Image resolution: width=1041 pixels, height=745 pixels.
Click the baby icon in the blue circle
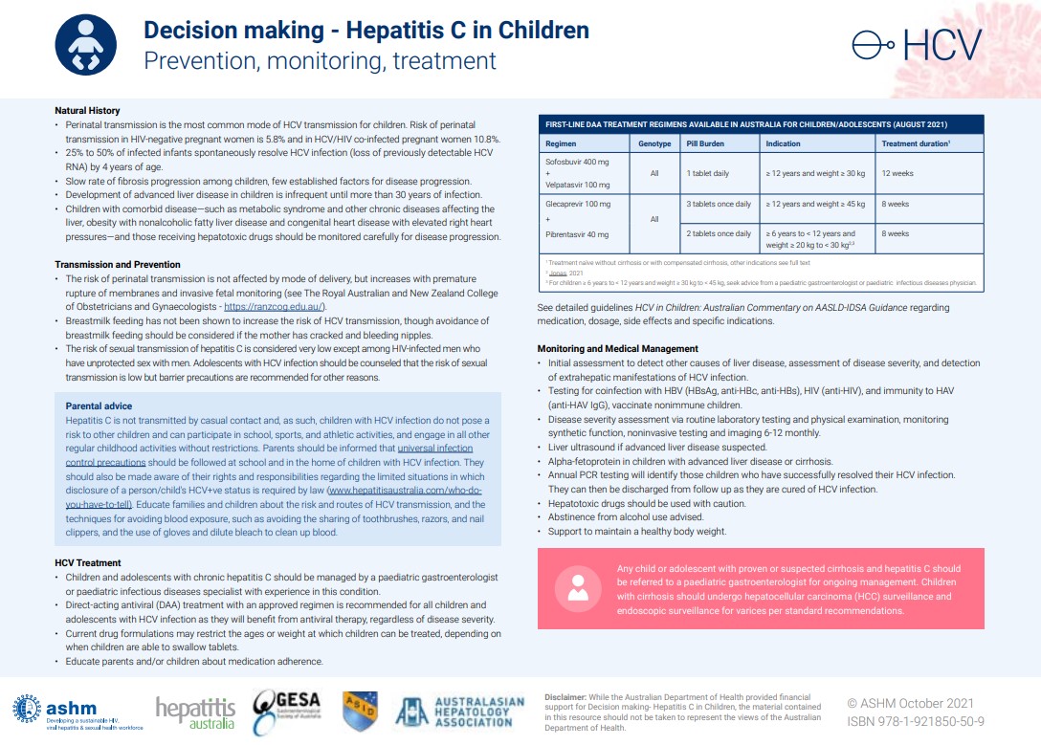pos(87,45)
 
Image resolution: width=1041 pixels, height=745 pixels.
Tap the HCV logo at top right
pos(918,45)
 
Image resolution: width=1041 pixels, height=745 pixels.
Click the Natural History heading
pos(87,111)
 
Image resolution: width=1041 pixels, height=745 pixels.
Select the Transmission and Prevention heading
pos(118,264)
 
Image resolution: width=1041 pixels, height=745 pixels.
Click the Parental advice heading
pos(99,406)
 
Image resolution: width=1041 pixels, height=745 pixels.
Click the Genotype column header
pos(654,144)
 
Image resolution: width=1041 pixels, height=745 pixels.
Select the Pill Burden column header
pos(705,144)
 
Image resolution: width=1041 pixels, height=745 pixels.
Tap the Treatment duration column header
pos(915,144)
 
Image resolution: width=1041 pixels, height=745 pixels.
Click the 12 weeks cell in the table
pos(898,173)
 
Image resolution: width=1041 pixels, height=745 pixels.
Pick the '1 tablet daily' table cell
pos(707,173)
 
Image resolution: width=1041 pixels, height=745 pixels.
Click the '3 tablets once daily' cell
pos(719,204)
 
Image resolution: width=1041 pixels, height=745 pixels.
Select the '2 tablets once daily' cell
pos(719,233)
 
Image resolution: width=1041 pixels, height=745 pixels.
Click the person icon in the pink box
pos(577,585)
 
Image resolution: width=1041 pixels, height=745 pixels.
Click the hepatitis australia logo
pos(195,712)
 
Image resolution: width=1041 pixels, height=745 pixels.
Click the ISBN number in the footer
pos(916,721)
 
